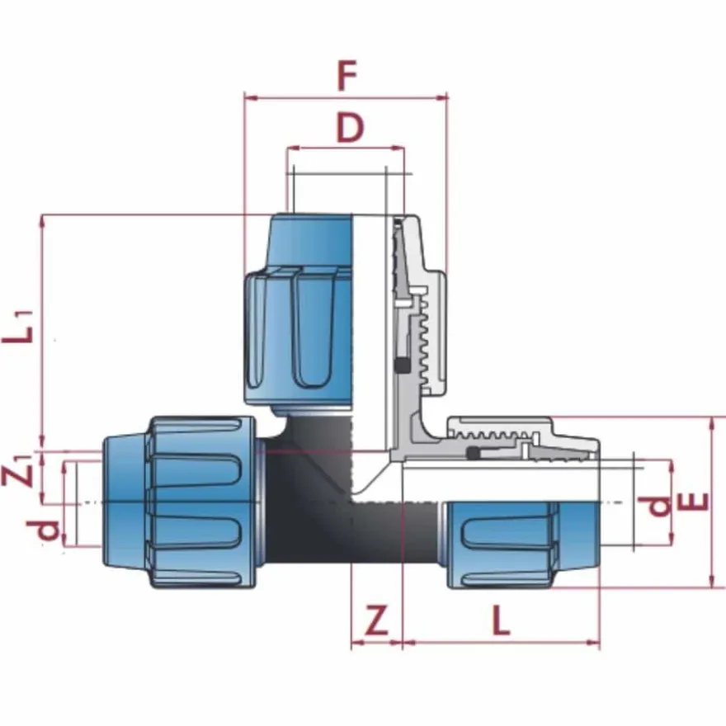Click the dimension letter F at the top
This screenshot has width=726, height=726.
click(347, 75)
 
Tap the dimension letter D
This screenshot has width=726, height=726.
click(350, 128)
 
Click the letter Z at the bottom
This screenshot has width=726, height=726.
click(376, 620)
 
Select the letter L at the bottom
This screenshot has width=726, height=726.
click(501, 620)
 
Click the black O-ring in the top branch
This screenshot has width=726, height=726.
click(402, 365)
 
